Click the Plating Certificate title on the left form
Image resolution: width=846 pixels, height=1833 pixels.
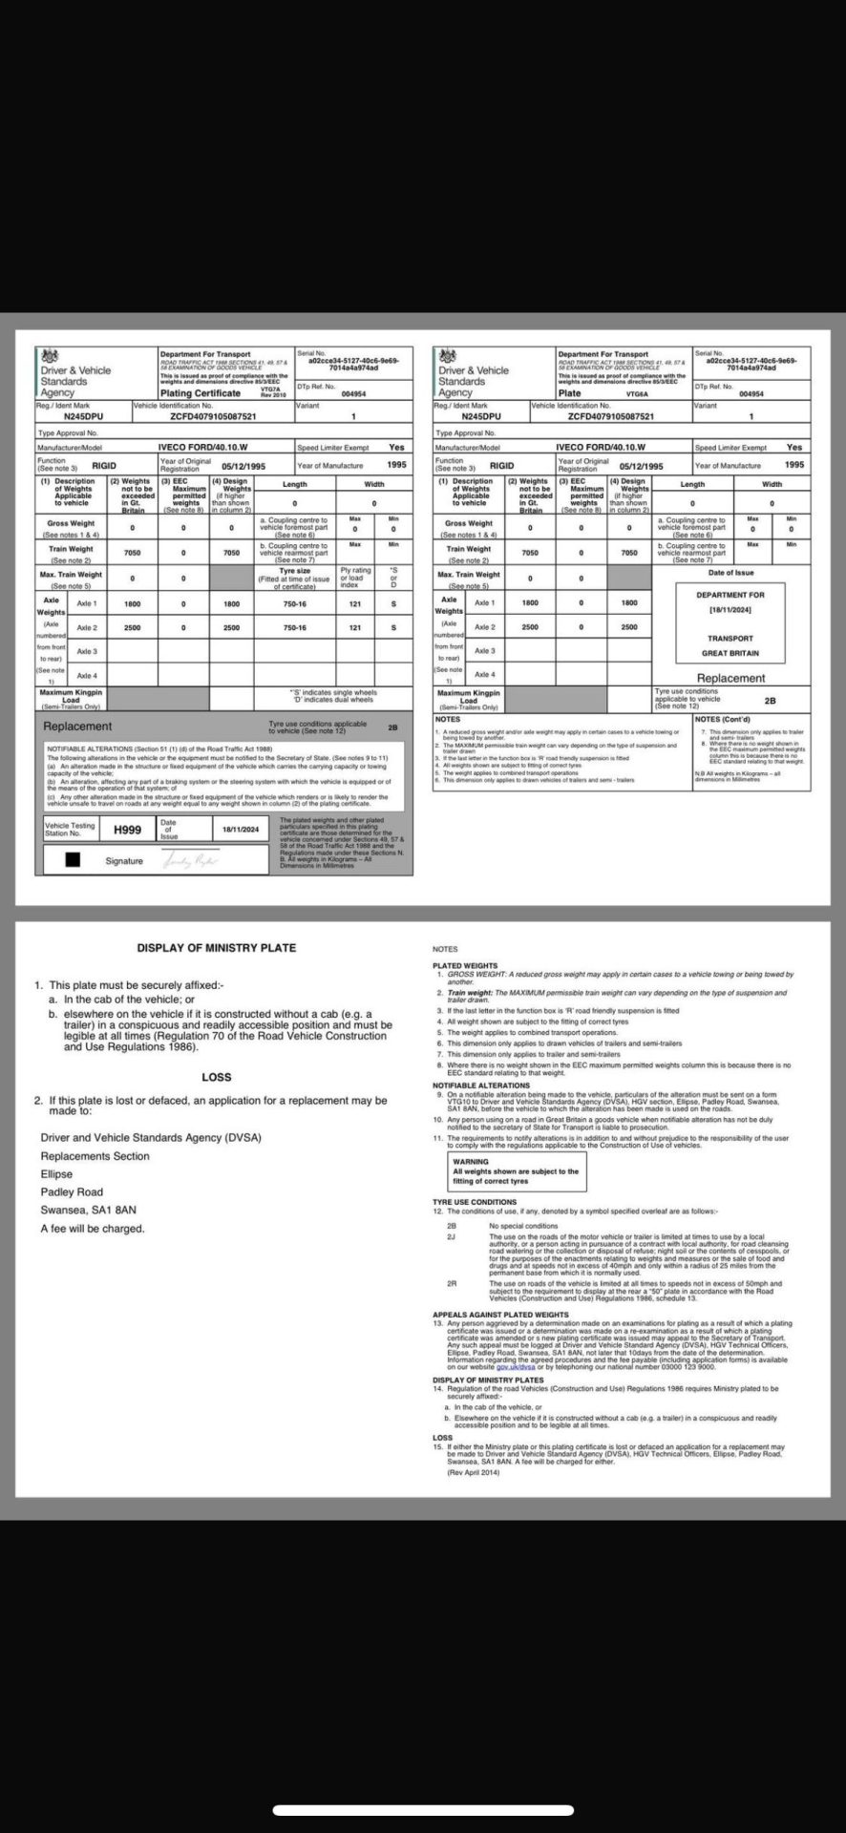(x=200, y=392)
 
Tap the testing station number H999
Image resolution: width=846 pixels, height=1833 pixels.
(x=127, y=830)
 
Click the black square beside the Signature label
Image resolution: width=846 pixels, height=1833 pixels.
(x=73, y=859)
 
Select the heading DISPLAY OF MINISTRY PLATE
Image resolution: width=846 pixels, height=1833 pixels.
(x=216, y=948)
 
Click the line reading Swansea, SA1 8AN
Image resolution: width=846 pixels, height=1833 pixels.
(x=88, y=1210)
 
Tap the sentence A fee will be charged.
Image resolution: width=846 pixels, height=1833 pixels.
(x=92, y=1228)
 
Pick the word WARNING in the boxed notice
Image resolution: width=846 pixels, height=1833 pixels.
(x=471, y=1162)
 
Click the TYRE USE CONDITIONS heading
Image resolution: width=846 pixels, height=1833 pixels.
(x=475, y=1202)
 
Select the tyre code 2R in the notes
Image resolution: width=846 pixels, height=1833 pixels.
(x=453, y=1283)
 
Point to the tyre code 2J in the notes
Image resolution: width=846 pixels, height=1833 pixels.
(x=452, y=1236)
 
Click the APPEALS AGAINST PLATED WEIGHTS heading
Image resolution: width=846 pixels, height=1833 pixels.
(x=500, y=1315)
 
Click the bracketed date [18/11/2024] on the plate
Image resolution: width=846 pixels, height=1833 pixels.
(x=730, y=609)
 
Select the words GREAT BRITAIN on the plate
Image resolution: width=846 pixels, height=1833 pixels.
(x=730, y=653)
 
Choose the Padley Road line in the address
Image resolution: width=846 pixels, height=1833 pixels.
(x=72, y=1191)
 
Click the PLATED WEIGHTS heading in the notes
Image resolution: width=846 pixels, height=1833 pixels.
(x=465, y=965)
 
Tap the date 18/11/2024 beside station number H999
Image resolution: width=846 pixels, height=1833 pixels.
(x=241, y=830)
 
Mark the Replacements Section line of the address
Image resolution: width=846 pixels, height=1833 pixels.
(x=95, y=1156)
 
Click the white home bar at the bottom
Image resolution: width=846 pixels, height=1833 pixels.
(x=422, y=1810)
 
